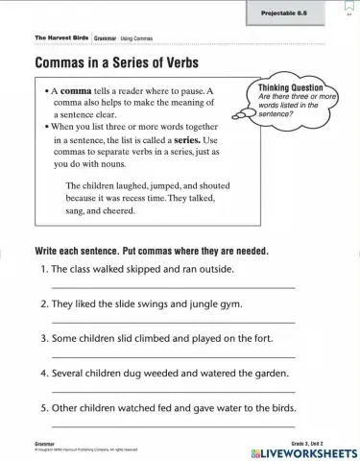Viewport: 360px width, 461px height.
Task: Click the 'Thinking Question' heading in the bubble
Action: pyautogui.click(x=291, y=87)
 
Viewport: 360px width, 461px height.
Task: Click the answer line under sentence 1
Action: pyautogui.click(x=173, y=287)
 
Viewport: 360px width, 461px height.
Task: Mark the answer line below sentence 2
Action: pyautogui.click(x=173, y=322)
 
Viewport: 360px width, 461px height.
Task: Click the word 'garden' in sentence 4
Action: pyautogui.click(x=271, y=374)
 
